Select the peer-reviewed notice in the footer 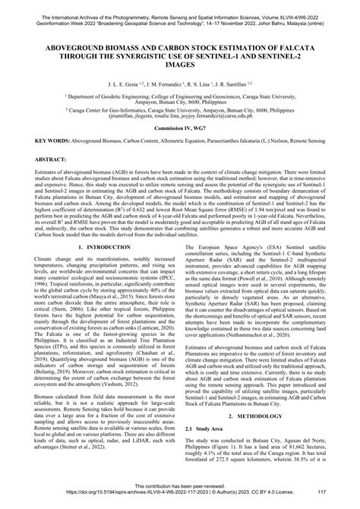[179, 492]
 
